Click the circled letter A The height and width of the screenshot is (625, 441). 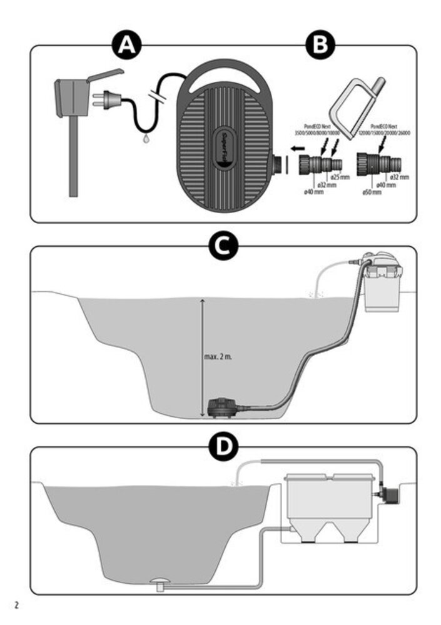coord(127,45)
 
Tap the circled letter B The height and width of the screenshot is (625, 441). coord(320,45)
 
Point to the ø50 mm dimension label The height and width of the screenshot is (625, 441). coord(372,193)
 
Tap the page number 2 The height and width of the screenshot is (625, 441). coord(17,605)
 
